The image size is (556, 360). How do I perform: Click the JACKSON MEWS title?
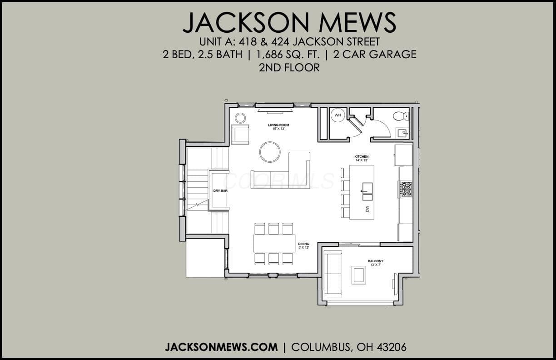point(289,22)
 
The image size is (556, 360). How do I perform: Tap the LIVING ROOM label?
point(278,125)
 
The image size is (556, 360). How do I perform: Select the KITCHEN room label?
point(362,156)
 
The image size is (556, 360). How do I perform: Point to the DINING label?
point(303,244)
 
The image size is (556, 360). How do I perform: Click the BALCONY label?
point(376,261)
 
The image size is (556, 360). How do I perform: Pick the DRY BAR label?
point(220,191)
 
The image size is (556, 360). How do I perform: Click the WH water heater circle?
point(338,115)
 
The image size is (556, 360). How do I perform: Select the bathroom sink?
point(402,133)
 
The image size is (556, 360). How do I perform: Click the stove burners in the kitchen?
point(406,189)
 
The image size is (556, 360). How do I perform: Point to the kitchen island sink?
point(367,191)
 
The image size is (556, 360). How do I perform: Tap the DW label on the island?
point(367,209)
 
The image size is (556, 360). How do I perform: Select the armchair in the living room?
point(240,135)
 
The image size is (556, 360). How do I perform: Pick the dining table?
point(274,244)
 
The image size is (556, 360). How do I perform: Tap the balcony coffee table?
point(359,275)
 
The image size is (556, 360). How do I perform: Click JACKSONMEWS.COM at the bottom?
point(221,347)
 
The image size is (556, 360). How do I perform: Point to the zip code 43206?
point(392,347)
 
